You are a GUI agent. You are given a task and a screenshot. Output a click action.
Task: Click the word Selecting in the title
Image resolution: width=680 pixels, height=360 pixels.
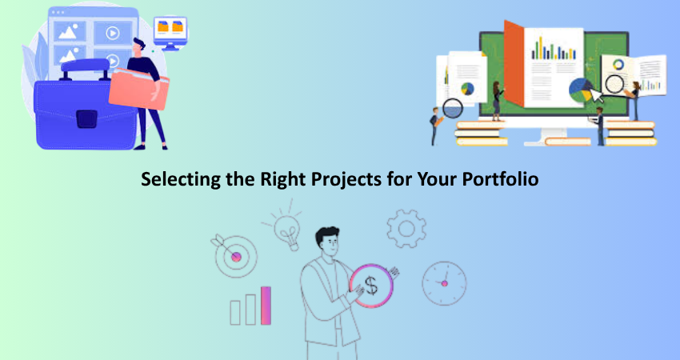pyautogui.click(x=181, y=179)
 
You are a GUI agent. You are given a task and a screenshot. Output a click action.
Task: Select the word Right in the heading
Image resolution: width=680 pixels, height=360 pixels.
pyautogui.click(x=284, y=179)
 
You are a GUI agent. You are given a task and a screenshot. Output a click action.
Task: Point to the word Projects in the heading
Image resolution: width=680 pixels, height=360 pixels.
pyautogui.click(x=346, y=179)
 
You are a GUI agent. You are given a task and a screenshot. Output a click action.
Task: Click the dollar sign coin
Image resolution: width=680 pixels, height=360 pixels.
pyautogui.click(x=371, y=286)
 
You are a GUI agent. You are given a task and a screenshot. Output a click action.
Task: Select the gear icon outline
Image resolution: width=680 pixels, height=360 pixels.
pyautogui.click(x=406, y=229)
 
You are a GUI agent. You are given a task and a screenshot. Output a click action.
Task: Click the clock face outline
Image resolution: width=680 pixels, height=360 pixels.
pyautogui.click(x=444, y=283)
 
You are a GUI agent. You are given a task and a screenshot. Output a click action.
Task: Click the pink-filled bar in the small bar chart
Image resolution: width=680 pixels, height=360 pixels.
pyautogui.click(x=266, y=306)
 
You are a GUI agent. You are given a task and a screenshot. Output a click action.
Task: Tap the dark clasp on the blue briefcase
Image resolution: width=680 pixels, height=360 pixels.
pyautogui.click(x=86, y=119)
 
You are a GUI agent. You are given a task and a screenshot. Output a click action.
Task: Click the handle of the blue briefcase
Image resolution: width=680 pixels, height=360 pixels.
pyautogui.click(x=84, y=69)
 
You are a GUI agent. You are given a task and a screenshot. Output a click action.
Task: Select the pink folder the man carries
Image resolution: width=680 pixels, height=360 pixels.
pyautogui.click(x=138, y=89)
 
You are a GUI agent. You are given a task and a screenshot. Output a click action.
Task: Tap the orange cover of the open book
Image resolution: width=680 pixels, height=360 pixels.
pyautogui.click(x=514, y=64)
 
